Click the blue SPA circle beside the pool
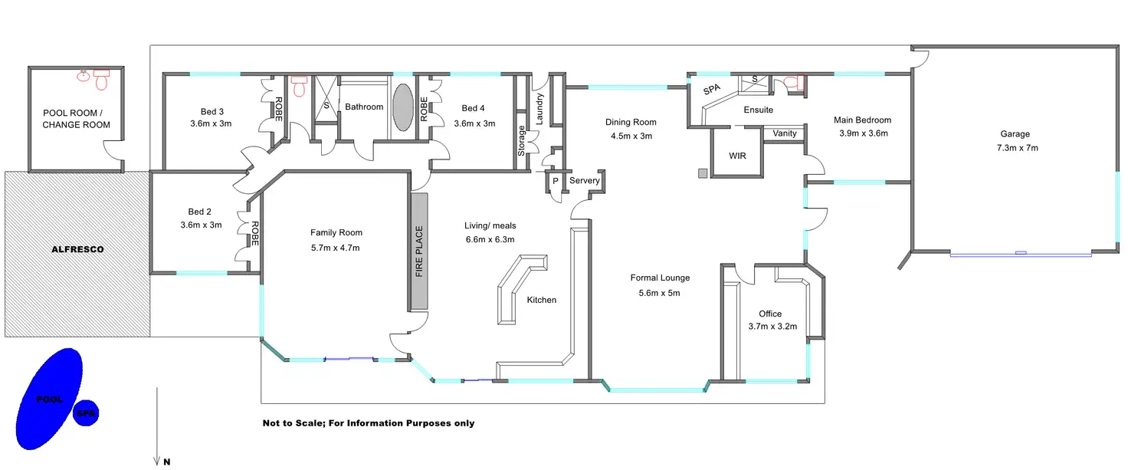pos(86,413)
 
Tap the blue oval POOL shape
pos(49,399)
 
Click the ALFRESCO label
pos(77,249)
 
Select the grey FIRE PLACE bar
pos(419,251)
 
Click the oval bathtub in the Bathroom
pos(403,107)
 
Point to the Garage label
pos(1015,134)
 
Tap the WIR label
pos(737,156)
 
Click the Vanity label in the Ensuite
pos(785,133)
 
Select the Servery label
pos(584,180)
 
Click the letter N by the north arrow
pos(167,462)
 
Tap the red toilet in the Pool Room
pos(101,80)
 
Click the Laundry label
pos(539,109)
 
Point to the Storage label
pos(521,140)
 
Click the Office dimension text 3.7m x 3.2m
pos(772,327)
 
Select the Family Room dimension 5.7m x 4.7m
pos(336,248)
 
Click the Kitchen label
pos(541,300)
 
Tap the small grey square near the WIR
pos(703,173)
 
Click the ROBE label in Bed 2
pos(255,233)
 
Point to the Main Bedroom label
pos(862,120)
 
